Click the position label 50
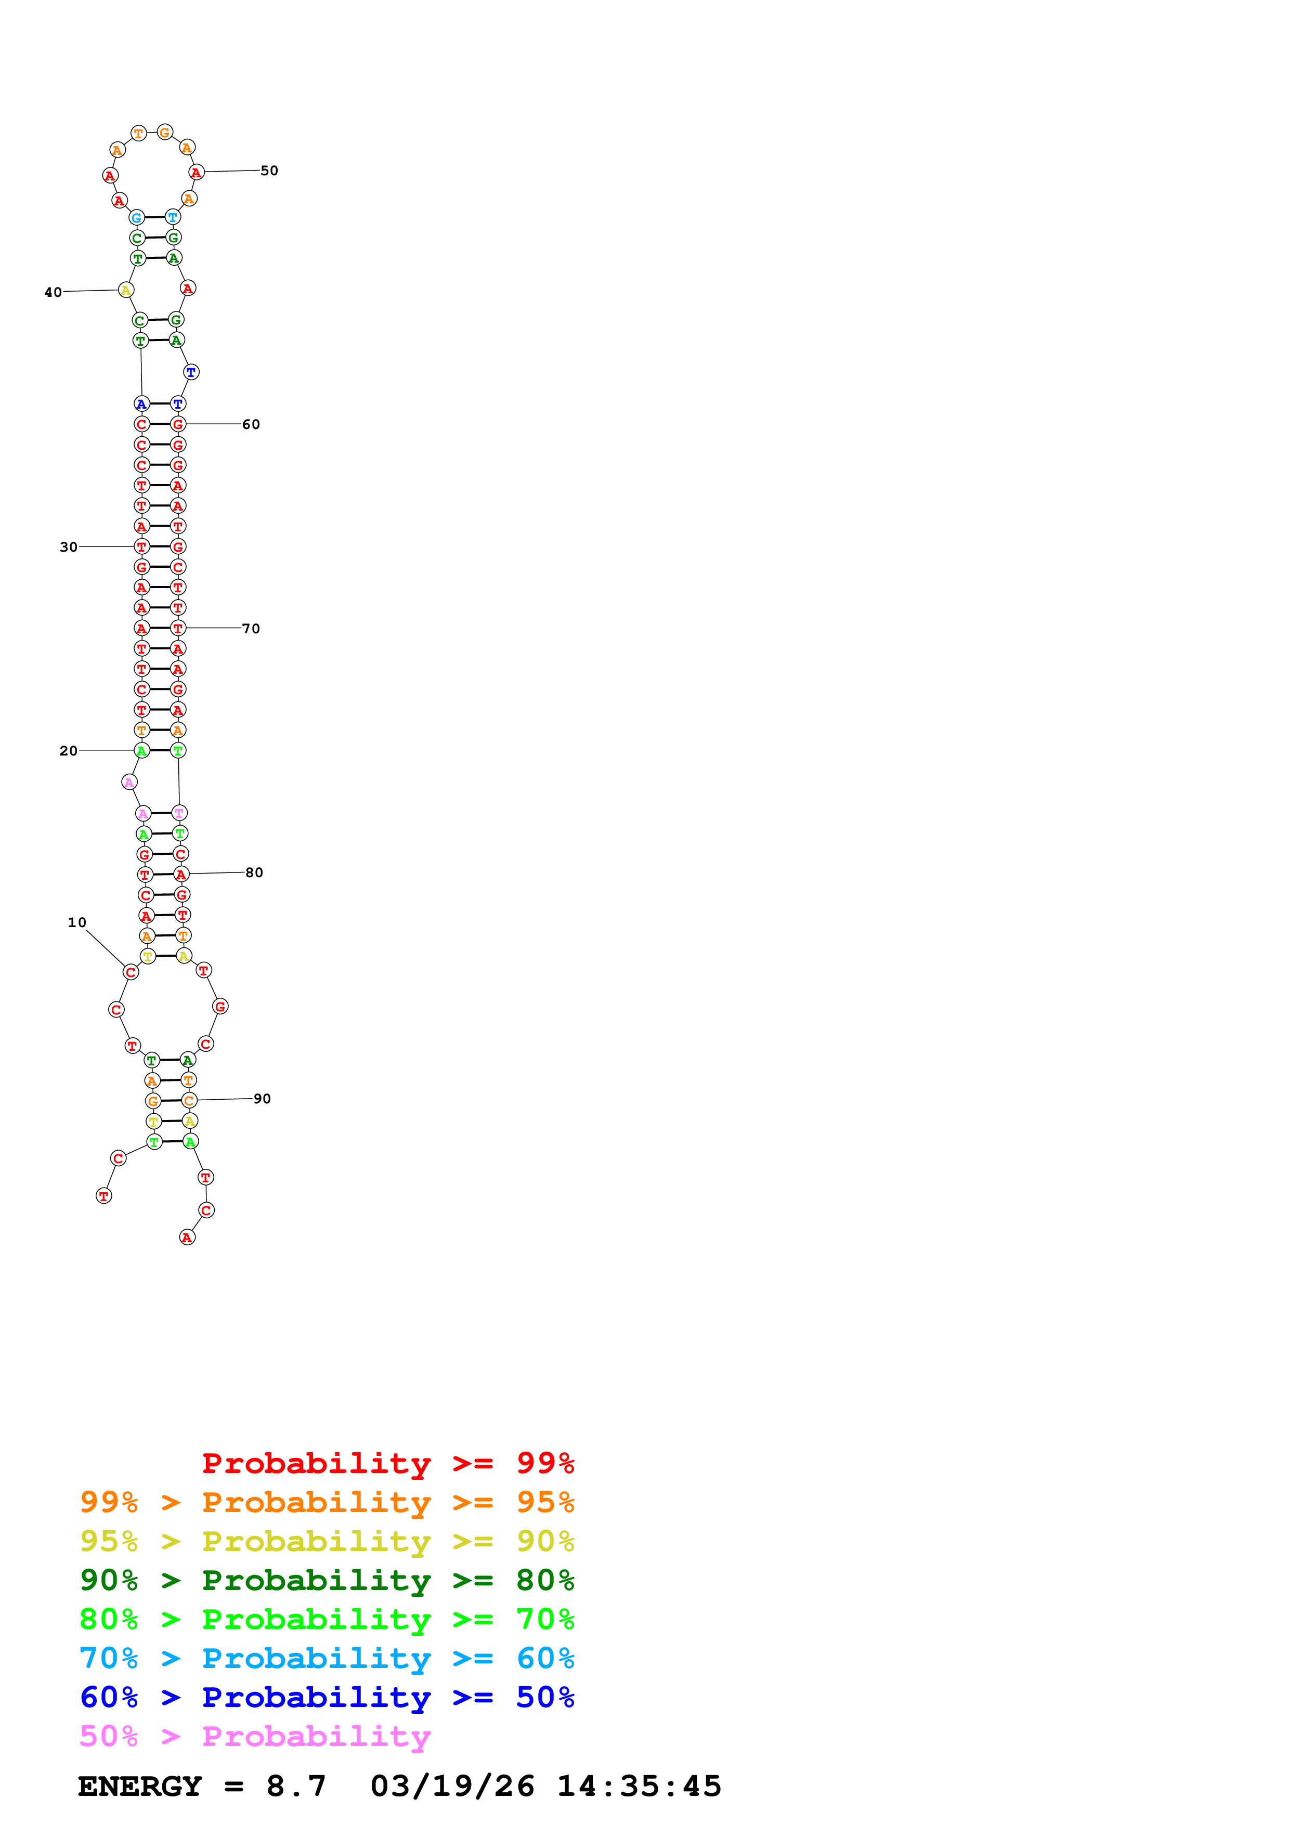pyautogui.click(x=269, y=171)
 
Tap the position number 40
pyautogui.click(x=53, y=292)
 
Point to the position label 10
pyautogui.click(x=77, y=922)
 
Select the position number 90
pyautogui.click(x=262, y=1099)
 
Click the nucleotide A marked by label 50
pyautogui.click(x=196, y=173)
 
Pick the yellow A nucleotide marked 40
pyautogui.click(x=125, y=290)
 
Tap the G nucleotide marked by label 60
pyautogui.click(x=178, y=424)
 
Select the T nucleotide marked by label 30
pyautogui.click(x=141, y=546)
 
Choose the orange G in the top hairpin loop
pyautogui.click(x=164, y=133)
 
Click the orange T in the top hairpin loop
pyautogui.click(x=139, y=134)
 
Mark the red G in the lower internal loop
pyautogui.click(x=220, y=1007)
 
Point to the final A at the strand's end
pyautogui.click(x=187, y=1237)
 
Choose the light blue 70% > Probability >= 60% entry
pyautogui.click(x=327, y=1658)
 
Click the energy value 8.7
pyautogui.click(x=296, y=1786)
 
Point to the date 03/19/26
pyautogui.click(x=452, y=1786)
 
